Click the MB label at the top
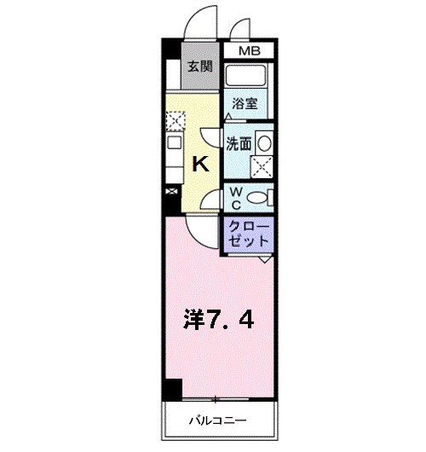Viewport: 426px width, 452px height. (248, 52)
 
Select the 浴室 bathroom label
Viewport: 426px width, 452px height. (245, 104)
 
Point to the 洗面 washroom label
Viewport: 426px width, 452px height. (239, 144)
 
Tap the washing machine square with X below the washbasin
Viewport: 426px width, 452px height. (262, 166)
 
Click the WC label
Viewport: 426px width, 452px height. (235, 199)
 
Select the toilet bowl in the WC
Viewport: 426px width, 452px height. (262, 198)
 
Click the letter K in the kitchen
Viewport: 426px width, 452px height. (200, 165)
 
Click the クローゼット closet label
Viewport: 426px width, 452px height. (249, 234)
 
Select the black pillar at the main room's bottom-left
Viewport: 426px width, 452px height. (173, 389)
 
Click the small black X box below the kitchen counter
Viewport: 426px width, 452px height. (173, 193)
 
